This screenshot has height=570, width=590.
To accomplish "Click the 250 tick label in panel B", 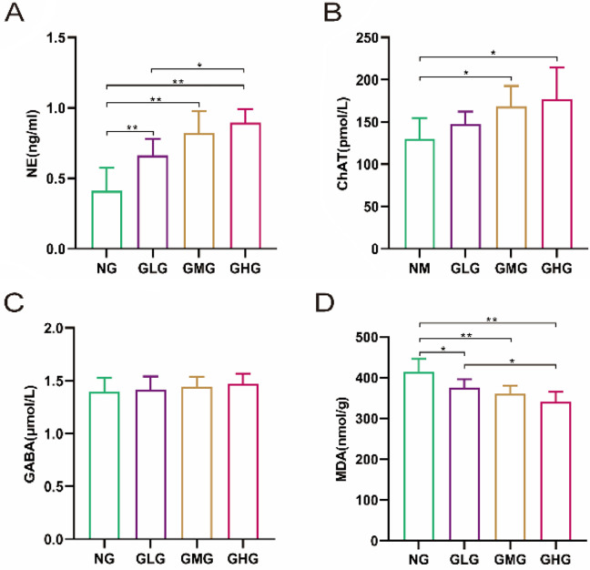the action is pos(369,37).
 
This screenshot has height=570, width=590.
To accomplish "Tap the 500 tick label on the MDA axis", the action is pos(367,338).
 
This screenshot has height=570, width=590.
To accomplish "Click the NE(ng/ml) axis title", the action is pos(33,143).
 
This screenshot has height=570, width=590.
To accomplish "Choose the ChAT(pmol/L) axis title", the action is pos(343,143).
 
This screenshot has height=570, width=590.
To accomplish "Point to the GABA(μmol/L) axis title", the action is pos(29,433).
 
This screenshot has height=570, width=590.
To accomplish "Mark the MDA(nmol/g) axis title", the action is pos(341,439).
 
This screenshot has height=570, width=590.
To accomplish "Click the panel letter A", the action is pos(14,14).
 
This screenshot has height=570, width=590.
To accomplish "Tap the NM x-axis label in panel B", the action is pos(420,269).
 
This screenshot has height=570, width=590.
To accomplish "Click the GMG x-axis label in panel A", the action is pos(199,269).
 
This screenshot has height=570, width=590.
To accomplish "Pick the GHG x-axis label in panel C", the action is pos(243,559).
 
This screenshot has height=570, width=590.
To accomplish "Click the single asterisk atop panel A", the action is pos(199,66).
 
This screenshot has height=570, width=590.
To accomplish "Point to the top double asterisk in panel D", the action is pos(492,320).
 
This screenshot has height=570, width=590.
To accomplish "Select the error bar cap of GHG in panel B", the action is pos(557,67).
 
